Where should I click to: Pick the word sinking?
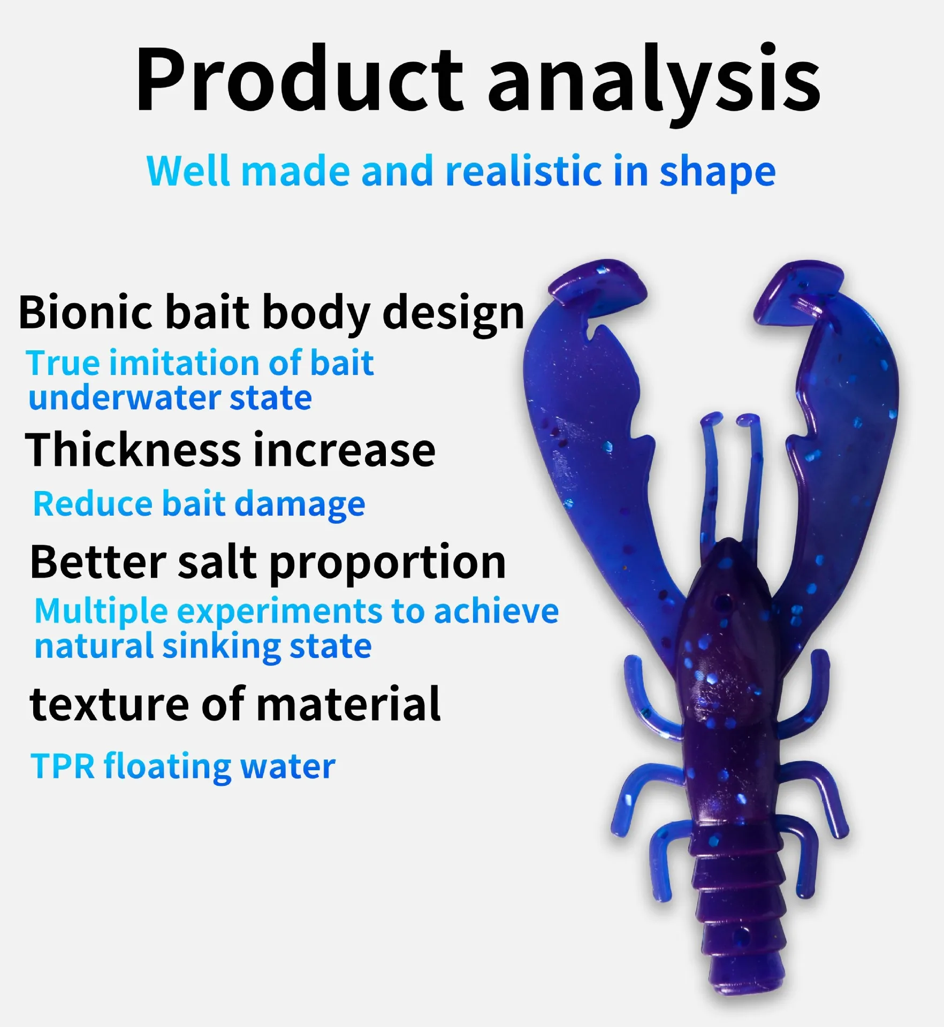coord(222,647)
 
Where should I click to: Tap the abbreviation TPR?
coord(63,766)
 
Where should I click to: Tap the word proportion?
coord(387,564)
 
